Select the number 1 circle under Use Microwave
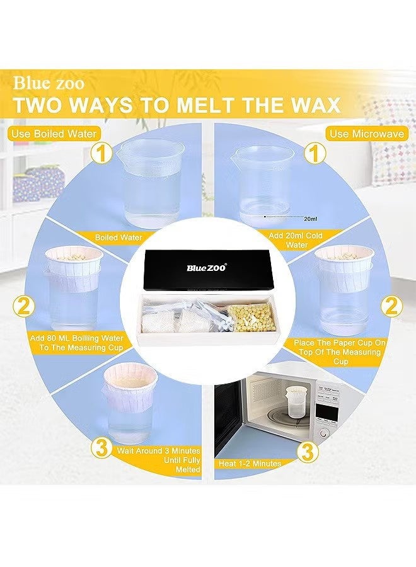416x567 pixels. (310, 152)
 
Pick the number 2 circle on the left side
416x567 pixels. (24, 307)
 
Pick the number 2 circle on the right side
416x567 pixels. (392, 307)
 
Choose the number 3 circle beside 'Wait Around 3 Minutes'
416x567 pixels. (100, 448)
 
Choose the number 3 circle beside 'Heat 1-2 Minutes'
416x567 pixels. (307, 451)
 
